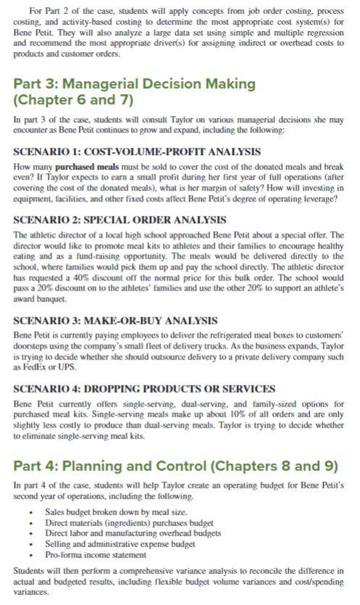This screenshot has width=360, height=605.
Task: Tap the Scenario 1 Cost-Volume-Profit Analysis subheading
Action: (x=137, y=151)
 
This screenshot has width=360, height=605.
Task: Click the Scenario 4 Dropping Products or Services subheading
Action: (x=144, y=388)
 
